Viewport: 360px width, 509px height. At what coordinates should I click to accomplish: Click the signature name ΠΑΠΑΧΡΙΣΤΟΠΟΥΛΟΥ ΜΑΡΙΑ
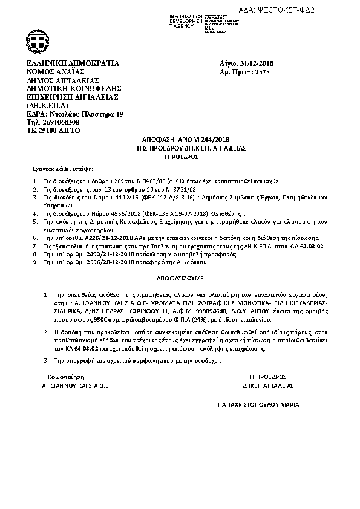click(258, 404)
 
